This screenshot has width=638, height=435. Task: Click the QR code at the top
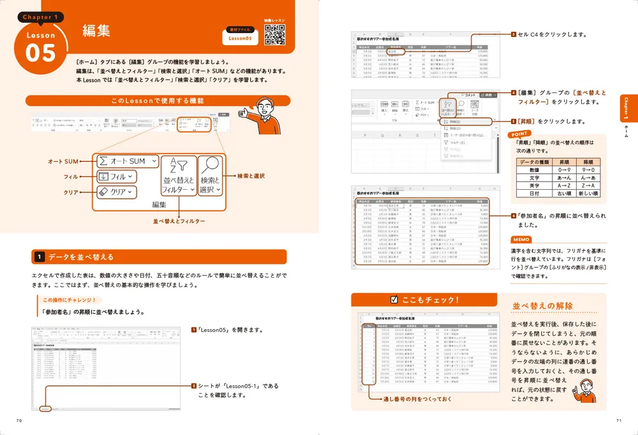pos(274,36)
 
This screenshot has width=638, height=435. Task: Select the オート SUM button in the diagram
pos(126,161)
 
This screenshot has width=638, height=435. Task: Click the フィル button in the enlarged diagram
pos(115,176)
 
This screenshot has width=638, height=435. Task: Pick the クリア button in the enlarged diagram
pos(115,191)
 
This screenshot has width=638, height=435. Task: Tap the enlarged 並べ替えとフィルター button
pos(178,176)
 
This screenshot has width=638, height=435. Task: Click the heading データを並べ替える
pos(81,257)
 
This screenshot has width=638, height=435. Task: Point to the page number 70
pos(20,420)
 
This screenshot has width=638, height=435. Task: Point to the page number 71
pos(618,420)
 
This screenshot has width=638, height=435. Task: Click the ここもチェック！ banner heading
pos(426,299)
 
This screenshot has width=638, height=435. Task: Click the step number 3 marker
pos(513,34)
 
